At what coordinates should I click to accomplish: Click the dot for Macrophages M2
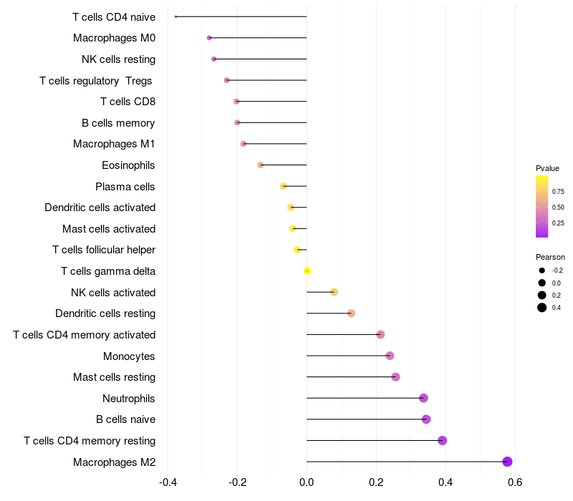pos(508,462)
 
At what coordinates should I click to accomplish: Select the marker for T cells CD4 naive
pos(175,16)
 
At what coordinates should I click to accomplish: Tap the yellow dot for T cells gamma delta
pos(307,271)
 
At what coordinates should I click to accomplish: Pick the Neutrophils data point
pos(423,398)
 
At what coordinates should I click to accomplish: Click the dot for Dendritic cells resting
pos(351,313)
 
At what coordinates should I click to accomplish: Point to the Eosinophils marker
pos(261,165)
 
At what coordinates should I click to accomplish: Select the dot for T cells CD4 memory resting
pos(442,440)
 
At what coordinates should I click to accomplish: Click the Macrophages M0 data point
pos(209,38)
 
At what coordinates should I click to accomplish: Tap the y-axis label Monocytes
pos(129,356)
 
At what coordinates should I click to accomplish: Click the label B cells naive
pos(125,419)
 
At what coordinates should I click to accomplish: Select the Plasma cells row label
pos(125,187)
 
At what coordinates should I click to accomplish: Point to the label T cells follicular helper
pos(104,250)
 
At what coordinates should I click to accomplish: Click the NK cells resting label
pos(118,59)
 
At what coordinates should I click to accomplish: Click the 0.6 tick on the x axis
pos(514,482)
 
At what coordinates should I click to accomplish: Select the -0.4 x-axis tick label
pos(167,482)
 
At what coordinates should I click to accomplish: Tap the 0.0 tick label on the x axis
pos(307,482)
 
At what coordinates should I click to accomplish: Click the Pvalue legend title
pos(547,168)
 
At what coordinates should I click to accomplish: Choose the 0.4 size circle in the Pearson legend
pos(542,308)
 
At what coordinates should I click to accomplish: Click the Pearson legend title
pos(550,257)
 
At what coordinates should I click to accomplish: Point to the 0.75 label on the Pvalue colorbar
pos(558,192)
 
